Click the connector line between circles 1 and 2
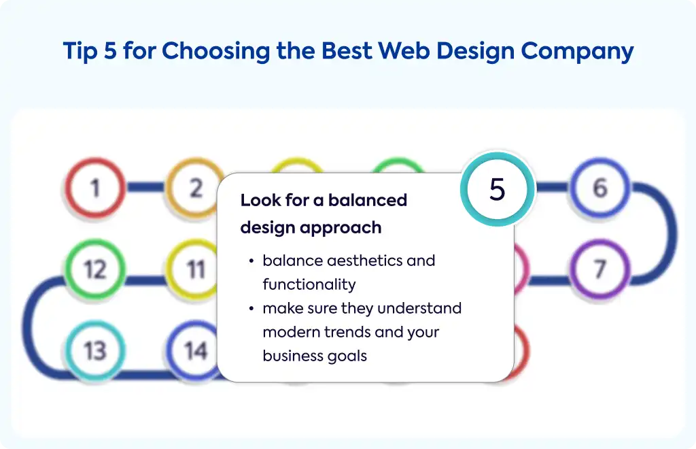(145, 187)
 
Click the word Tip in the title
(80, 51)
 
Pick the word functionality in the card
(309, 284)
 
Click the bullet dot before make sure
(251, 308)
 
